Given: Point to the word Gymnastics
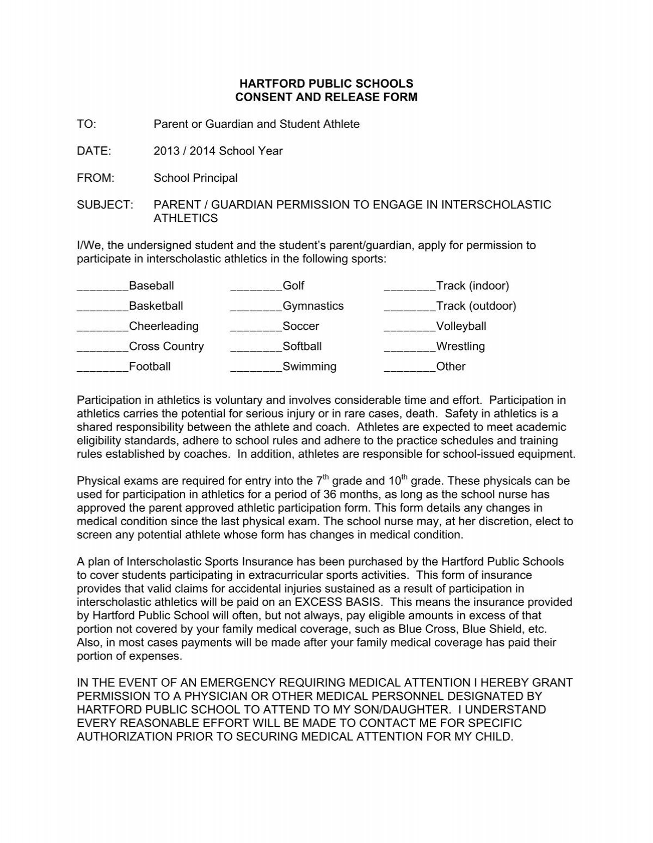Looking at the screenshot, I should [313, 306].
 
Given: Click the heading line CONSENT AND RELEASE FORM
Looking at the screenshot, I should [326, 97].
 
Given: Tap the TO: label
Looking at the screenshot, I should [87, 124].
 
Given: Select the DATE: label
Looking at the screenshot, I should [94, 151].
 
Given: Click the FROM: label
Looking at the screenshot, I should [95, 178].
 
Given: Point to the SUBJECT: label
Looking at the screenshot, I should [105, 205].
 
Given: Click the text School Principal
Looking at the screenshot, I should [195, 178].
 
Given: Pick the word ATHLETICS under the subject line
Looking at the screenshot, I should [186, 218].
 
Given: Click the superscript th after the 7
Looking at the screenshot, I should [325, 477].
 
